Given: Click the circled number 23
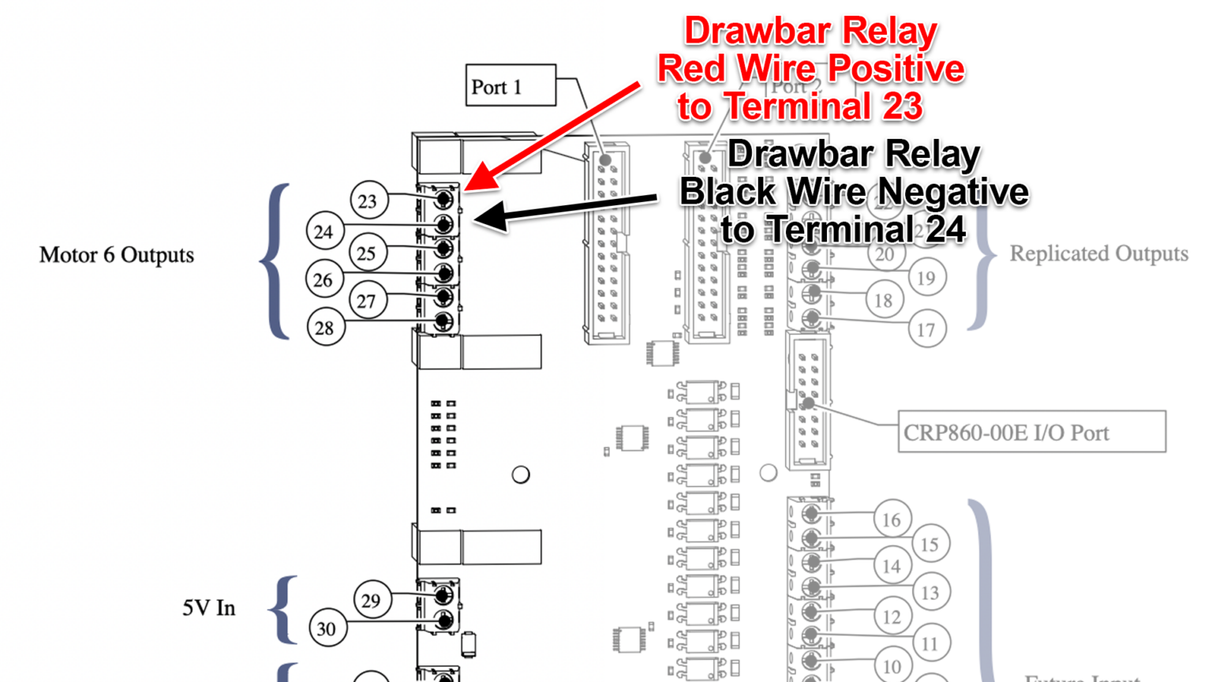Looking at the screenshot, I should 368,201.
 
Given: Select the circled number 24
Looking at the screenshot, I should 324,232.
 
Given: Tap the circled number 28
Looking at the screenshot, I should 325,328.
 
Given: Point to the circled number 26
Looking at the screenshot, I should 324,279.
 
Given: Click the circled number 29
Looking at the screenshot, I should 372,601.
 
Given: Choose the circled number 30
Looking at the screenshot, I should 327,629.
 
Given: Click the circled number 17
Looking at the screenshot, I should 926,330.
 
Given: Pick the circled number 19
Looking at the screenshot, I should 926,278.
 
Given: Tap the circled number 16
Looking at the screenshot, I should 892,520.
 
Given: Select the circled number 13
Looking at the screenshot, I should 930,593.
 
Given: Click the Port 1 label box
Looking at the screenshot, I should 510,86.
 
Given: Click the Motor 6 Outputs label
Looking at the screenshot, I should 117,255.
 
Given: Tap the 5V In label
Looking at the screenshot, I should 209,608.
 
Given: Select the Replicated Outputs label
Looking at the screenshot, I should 1098,253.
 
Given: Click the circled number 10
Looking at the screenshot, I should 892,666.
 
